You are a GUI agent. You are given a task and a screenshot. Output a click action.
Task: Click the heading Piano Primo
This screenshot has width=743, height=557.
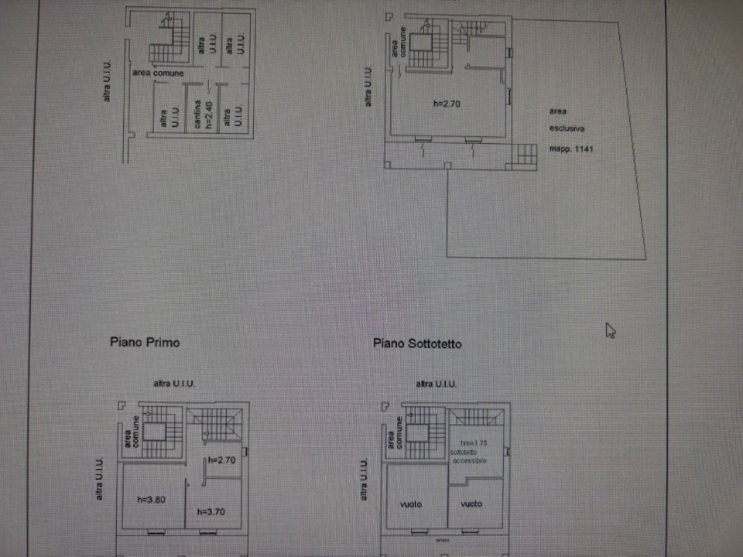145,341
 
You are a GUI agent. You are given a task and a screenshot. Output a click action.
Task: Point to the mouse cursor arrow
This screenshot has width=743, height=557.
610,330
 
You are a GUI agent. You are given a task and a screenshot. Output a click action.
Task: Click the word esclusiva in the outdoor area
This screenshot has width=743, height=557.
567,129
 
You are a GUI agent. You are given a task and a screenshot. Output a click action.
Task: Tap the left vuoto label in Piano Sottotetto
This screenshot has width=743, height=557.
411,504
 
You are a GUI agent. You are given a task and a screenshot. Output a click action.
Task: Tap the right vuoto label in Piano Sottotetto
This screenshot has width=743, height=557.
471,504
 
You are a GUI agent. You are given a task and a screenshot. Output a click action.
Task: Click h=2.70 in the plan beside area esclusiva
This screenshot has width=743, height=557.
447,104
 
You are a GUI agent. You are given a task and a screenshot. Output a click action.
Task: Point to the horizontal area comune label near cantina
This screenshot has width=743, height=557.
158,73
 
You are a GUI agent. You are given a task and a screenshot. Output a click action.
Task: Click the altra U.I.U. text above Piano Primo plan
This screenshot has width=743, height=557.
173,384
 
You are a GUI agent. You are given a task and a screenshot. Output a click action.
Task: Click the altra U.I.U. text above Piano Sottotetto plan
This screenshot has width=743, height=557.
436,384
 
